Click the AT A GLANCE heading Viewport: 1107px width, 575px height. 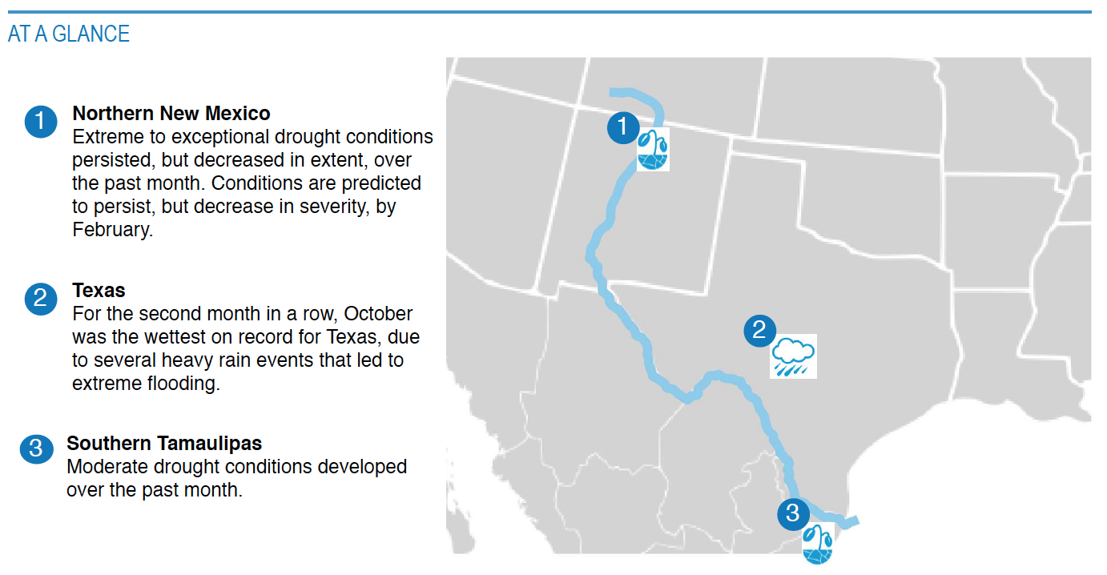69,34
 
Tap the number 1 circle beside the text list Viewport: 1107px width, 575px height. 41,122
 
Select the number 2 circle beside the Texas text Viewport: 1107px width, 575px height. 41,299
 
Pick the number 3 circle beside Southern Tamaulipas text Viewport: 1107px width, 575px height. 37,449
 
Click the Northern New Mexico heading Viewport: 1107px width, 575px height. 171,114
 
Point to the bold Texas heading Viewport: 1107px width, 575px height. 99,291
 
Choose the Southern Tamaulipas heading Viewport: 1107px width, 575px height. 164,444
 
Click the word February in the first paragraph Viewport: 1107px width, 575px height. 113,230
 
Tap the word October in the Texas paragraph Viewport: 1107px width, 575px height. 378,314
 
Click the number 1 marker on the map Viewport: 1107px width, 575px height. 623,127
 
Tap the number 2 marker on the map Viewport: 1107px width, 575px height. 759,331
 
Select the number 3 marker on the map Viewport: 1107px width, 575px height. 793,514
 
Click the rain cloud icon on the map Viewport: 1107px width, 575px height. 793,356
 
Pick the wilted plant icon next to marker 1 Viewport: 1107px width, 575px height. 653,150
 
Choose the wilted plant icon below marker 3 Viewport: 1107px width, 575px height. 818,544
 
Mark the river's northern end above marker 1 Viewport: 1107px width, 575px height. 611,92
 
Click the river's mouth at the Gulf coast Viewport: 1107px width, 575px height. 857,521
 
